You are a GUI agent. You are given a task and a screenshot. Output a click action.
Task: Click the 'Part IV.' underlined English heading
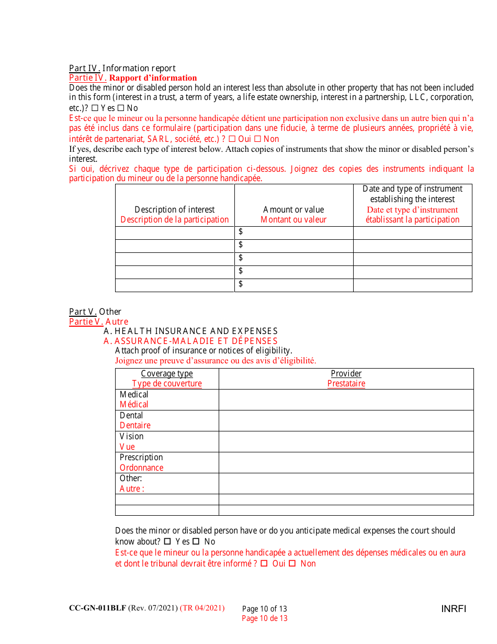pos(85,68)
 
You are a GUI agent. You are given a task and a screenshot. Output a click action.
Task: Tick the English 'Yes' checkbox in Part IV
pos(95,108)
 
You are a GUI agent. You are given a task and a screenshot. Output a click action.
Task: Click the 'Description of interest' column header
pos(175,209)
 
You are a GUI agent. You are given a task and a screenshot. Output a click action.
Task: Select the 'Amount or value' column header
pos(293,209)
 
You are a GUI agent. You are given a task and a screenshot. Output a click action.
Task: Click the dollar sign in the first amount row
pos(241,231)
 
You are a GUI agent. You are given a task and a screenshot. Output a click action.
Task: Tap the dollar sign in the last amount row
pos(241,284)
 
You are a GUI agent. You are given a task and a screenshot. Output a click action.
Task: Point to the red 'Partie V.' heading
pos(83,321)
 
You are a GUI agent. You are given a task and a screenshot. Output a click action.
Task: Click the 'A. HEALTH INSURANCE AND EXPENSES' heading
pos(190,331)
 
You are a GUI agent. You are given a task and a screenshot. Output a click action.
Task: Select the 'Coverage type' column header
pos(167,373)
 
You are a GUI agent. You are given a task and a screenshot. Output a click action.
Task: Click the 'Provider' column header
pos(346,373)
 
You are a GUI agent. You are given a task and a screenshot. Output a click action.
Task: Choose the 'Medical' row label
pos(134,394)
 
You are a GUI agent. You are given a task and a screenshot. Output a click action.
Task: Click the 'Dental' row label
pos(131,415)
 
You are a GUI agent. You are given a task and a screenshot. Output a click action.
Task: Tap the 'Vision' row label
pos(131,436)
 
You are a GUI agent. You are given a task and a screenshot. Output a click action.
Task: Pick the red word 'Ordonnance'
pos(141,468)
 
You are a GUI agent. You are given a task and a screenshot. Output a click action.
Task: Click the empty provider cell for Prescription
pos(346,462)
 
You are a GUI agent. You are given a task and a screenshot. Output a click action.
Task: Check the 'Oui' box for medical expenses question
pos(264,563)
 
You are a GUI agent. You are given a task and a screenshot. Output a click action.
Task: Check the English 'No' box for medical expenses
pos(196,541)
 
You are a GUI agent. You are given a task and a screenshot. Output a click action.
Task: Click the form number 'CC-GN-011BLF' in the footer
pos(97,608)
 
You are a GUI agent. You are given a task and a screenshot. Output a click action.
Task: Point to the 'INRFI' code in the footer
pos(453,608)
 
